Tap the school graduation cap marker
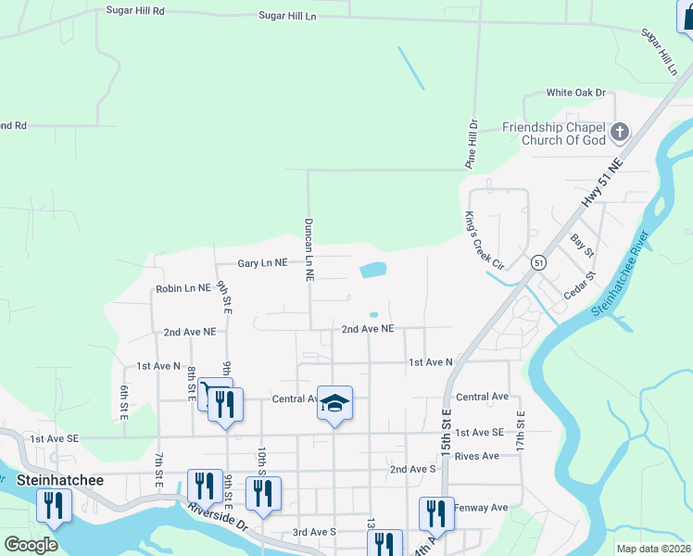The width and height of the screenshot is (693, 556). click(x=335, y=403)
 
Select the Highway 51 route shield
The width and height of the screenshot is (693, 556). click(x=538, y=263)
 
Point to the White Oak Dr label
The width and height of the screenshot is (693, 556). click(x=575, y=93)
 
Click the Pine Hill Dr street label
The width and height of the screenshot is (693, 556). click(x=472, y=144)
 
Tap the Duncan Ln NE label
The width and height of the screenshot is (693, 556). click(x=309, y=250)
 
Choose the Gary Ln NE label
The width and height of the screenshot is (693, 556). click(x=262, y=263)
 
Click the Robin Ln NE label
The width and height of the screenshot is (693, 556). click(x=183, y=289)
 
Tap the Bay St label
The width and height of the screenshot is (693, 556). click(x=582, y=245)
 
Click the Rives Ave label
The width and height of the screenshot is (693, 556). click(x=478, y=455)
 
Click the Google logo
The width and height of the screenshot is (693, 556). click(x=31, y=545)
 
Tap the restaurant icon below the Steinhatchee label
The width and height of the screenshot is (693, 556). click(x=53, y=506)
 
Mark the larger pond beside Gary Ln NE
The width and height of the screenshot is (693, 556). click(x=372, y=271)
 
